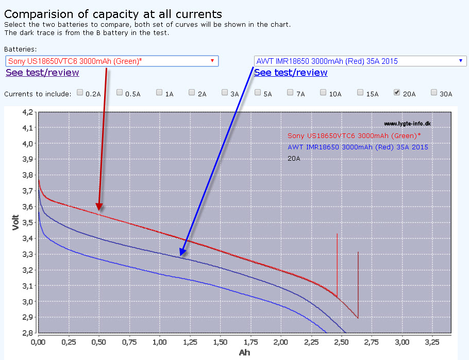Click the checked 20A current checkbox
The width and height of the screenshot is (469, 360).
click(x=397, y=93)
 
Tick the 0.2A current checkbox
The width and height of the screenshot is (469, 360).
click(x=80, y=93)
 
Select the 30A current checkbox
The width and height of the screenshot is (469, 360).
click(x=434, y=93)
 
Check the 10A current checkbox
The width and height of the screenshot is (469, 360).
click(x=323, y=93)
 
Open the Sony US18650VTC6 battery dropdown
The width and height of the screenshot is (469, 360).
click(x=112, y=61)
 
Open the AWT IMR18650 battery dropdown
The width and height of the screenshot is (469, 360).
click(x=360, y=61)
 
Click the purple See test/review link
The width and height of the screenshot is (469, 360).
click(x=42, y=73)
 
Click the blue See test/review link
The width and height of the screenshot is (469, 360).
click(x=291, y=73)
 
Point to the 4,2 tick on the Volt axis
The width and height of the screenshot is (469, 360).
click(x=27, y=112)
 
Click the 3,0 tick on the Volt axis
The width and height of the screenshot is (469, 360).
click(x=27, y=302)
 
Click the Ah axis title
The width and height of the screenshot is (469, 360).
click(x=244, y=353)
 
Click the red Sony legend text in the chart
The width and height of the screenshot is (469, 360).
click(x=354, y=136)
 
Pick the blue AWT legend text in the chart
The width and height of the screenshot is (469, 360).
click(x=358, y=147)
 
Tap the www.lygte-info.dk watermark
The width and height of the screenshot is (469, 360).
click(x=407, y=124)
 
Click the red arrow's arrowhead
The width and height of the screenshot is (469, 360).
click(x=99, y=208)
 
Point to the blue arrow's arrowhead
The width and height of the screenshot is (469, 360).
click(x=182, y=253)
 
